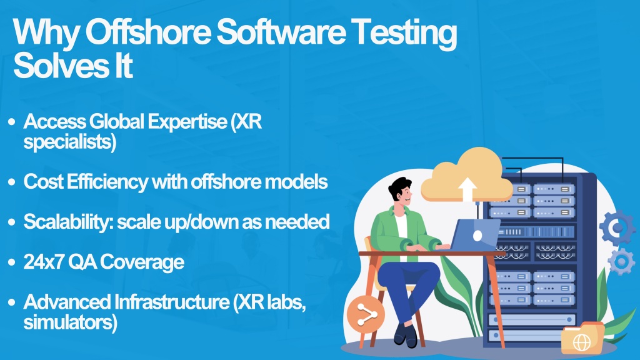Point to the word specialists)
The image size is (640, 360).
pyautogui.click(x=70, y=142)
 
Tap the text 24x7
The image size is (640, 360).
pyautogui.click(x=43, y=262)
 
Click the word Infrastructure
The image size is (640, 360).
pyautogui.click(x=172, y=302)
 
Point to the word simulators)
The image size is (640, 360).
pyautogui.click(x=70, y=322)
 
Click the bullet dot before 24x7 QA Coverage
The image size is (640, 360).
pyautogui.click(x=11, y=262)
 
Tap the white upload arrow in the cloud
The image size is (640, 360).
pyautogui.click(x=467, y=189)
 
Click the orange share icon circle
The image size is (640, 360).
pyautogui.click(x=366, y=314)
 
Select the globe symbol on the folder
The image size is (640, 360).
pyautogui.click(x=582, y=342)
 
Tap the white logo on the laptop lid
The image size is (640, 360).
pyautogui.click(x=477, y=236)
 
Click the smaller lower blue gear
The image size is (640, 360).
pyautogui.click(x=622, y=262)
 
